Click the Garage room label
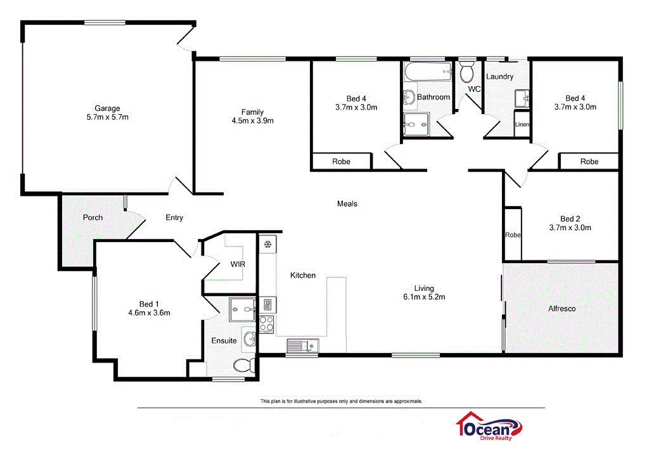point(107,108)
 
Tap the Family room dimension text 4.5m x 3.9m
point(252,120)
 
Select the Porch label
point(93,217)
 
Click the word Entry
point(174,217)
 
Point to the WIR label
point(238,264)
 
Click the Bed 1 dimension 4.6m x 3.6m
point(149,312)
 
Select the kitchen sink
point(302,345)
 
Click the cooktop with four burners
point(266,324)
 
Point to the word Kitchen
point(303,275)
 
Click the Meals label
point(347,203)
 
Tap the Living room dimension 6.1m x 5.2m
point(424,297)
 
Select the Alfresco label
point(562,309)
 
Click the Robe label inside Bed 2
point(512,235)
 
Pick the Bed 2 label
point(569,218)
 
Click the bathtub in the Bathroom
point(427,72)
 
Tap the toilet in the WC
point(467,73)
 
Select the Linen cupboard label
point(522,125)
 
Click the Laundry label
point(499,77)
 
